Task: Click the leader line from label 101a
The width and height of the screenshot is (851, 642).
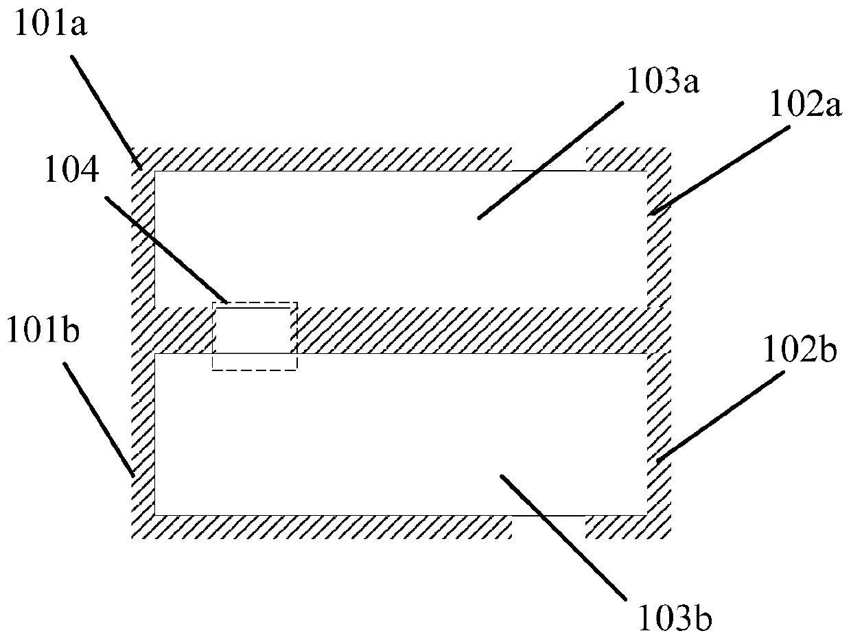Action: point(106,111)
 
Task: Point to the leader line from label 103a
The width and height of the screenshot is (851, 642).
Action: point(549,160)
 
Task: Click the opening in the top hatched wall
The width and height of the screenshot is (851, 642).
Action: point(548,159)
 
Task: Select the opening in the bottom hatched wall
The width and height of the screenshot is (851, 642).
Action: point(548,526)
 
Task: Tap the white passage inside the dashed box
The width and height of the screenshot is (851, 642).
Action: point(255,331)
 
